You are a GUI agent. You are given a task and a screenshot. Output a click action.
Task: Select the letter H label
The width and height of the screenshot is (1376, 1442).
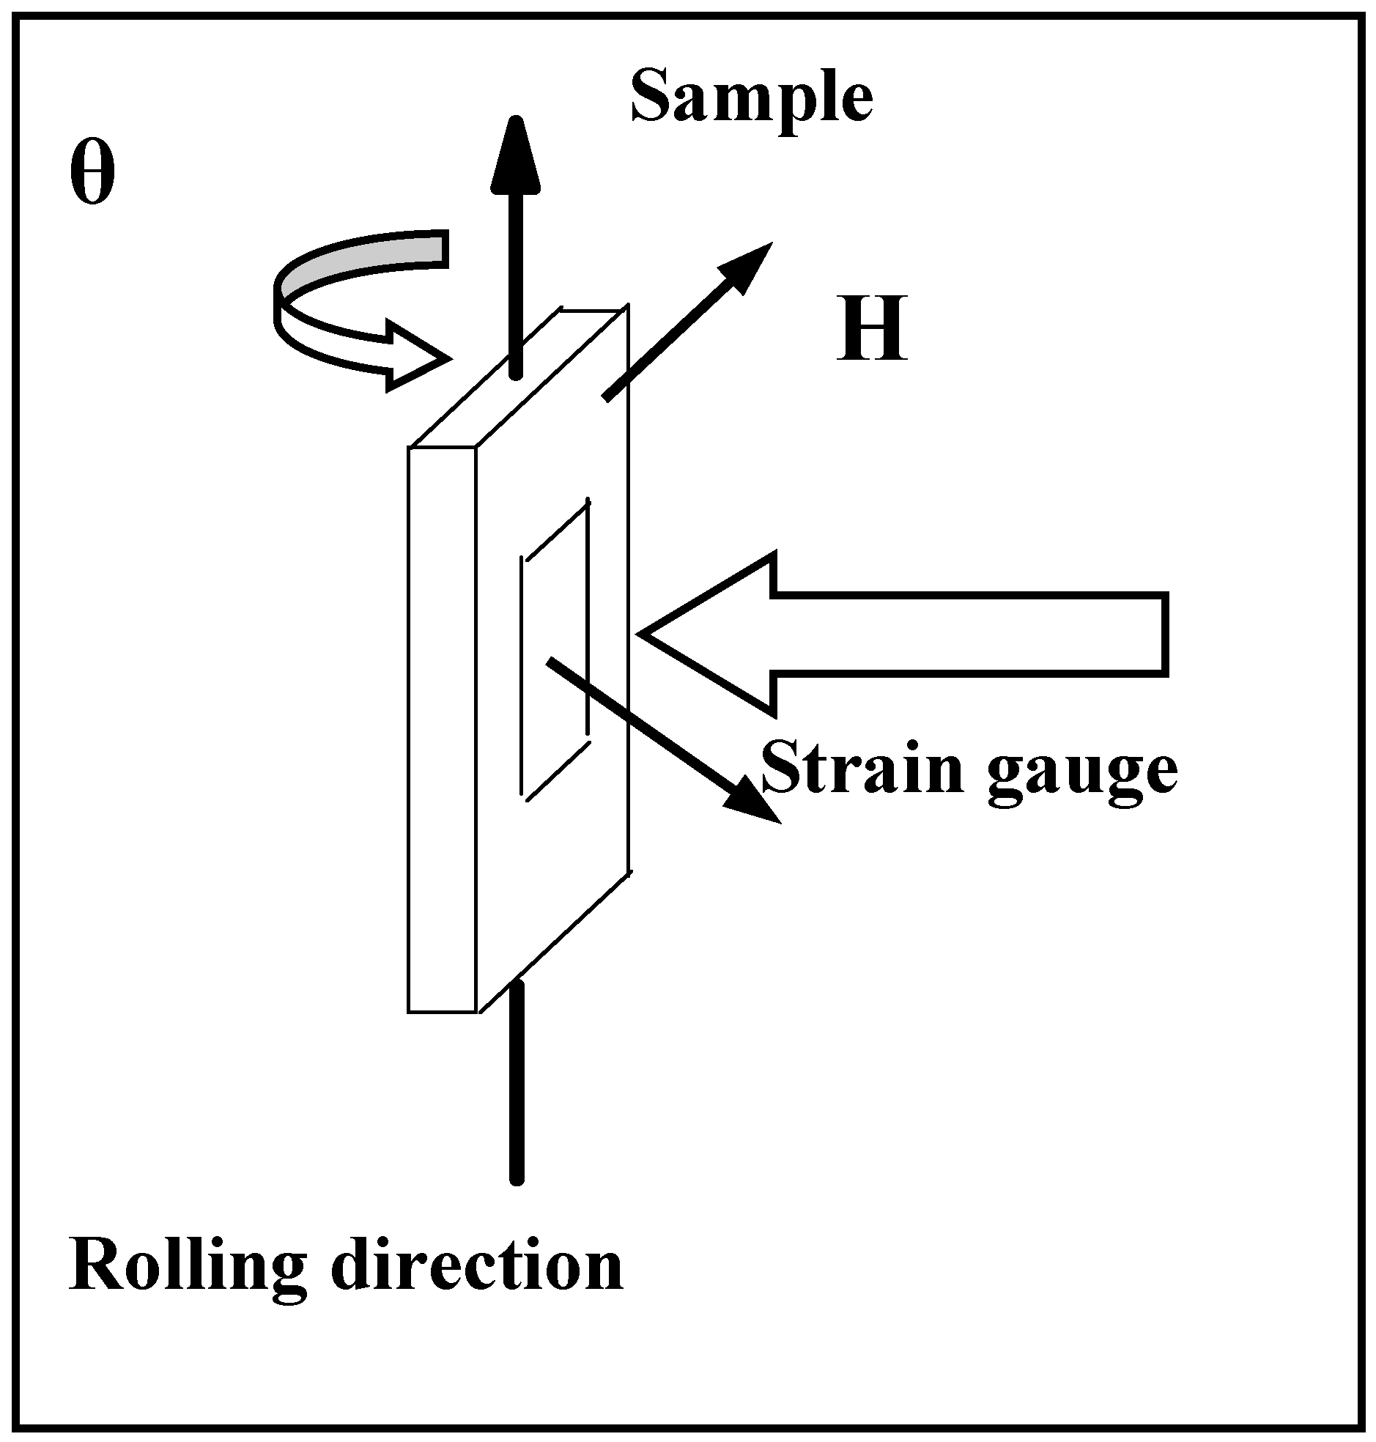871,329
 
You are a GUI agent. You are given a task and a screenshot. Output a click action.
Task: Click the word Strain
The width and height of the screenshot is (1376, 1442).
862,768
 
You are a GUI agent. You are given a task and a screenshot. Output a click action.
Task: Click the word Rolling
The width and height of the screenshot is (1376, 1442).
188,1268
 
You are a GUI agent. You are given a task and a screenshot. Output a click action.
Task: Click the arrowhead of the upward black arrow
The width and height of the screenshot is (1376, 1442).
516,158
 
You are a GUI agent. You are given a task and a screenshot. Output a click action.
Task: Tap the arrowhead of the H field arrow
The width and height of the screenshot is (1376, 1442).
744,268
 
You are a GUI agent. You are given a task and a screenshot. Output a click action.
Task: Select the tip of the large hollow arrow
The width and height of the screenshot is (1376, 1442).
649,633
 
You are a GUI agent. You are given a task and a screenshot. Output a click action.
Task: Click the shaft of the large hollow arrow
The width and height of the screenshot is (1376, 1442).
968,633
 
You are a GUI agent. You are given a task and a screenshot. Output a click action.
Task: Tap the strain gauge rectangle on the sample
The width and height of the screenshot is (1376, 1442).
555,649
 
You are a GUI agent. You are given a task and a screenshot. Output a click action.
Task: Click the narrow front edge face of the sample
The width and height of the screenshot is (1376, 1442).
443,730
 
